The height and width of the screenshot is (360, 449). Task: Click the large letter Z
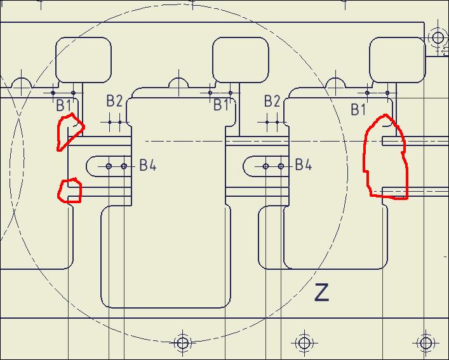click(x=321, y=292)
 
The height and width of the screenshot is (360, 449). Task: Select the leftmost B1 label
click(x=64, y=105)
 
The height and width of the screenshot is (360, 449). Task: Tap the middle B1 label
click(x=221, y=105)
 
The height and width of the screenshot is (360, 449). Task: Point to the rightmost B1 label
click(x=358, y=110)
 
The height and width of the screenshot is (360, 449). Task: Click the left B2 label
click(x=114, y=101)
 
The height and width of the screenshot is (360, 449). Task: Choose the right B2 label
click(x=272, y=101)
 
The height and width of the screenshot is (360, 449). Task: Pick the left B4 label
click(x=148, y=165)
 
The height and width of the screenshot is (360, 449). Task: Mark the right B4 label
click(x=304, y=164)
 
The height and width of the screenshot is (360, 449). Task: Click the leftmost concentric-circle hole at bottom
click(x=183, y=343)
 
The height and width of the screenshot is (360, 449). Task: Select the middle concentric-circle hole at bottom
click(x=304, y=343)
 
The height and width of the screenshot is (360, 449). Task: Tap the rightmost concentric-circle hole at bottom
click(x=426, y=343)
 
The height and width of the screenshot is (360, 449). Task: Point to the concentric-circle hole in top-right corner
click(x=438, y=37)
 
